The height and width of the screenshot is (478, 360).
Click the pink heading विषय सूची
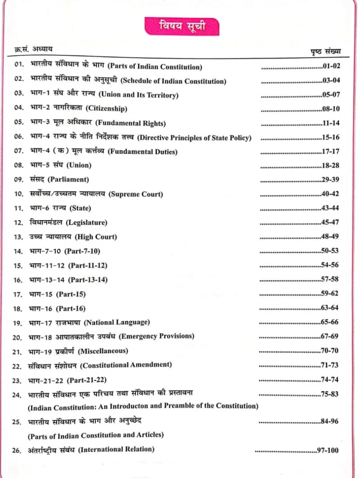(182, 26)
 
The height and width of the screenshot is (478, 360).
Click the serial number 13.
(18, 237)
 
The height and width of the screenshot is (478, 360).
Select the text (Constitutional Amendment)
(127, 364)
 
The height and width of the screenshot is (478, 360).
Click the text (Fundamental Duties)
(143, 152)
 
